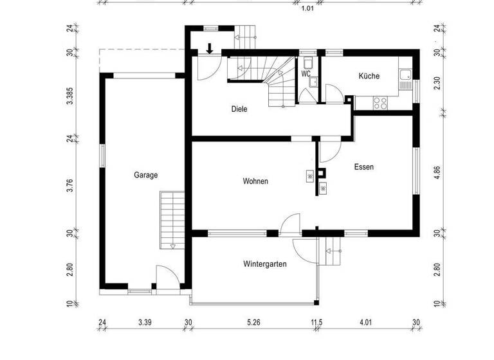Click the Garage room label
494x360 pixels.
point(146,175)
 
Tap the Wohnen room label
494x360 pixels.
point(255,181)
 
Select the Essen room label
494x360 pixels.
point(364,166)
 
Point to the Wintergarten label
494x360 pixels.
point(265,264)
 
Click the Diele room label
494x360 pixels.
point(239,109)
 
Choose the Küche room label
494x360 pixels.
point(369,76)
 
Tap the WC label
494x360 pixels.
point(306,74)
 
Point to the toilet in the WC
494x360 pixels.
point(309,62)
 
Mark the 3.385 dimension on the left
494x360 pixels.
point(70,95)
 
